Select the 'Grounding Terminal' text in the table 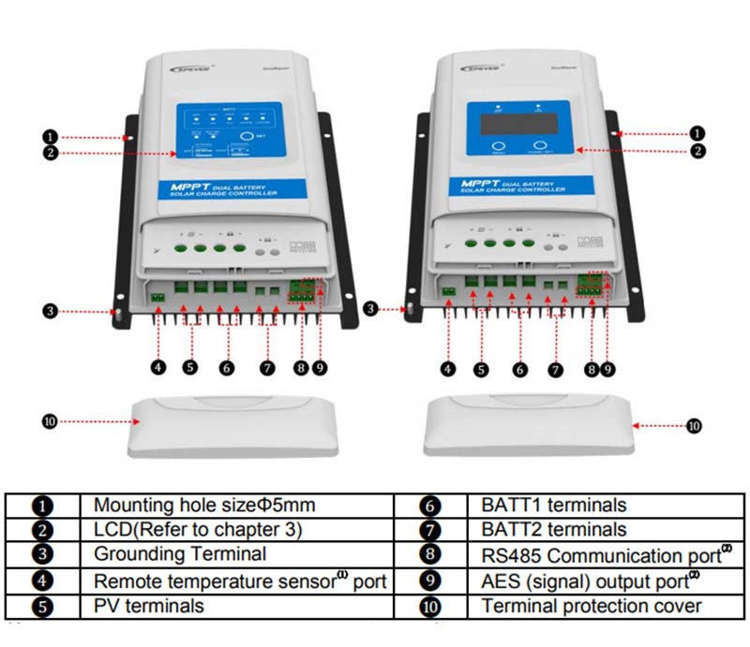pyautogui.click(x=179, y=554)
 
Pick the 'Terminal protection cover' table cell pyautogui.click(x=592, y=606)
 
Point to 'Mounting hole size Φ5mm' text pyautogui.click(x=203, y=506)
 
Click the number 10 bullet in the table pyautogui.click(x=429, y=607)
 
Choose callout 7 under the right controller pyautogui.click(x=555, y=370)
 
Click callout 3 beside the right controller pyautogui.click(x=370, y=307)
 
